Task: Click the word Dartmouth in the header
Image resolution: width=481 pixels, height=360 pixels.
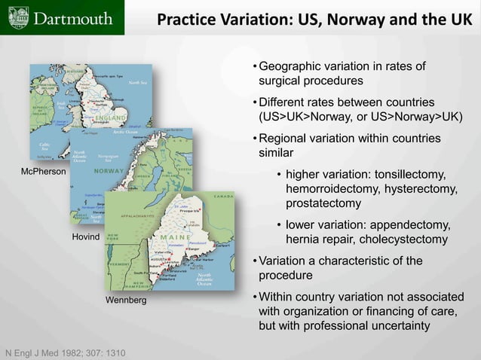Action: tap(72, 17)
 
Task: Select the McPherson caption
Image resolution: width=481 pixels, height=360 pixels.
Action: tap(44, 172)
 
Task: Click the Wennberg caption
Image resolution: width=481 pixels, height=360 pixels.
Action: tap(126, 301)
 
